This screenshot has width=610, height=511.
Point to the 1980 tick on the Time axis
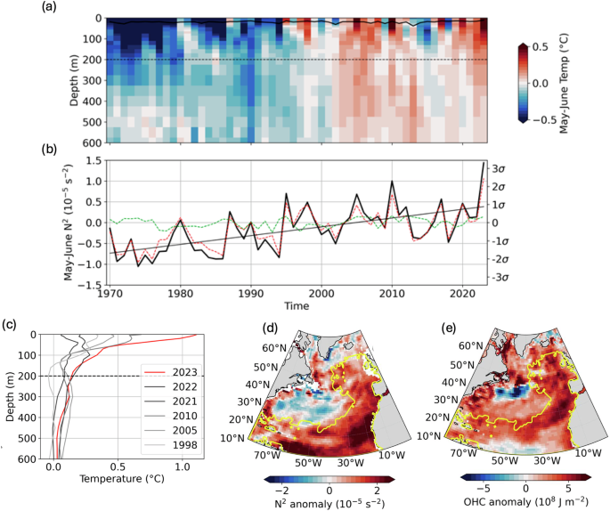point(180,293)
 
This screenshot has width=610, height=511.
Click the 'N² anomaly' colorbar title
point(329,502)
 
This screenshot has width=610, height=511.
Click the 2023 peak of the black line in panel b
point(484,163)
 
